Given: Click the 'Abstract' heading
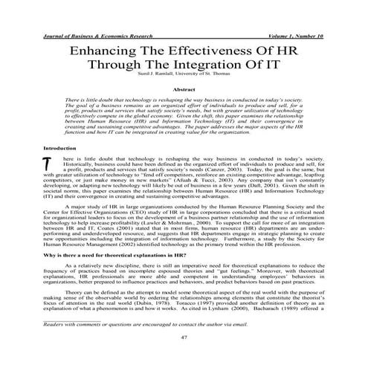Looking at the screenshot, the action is [x=183, y=89].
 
